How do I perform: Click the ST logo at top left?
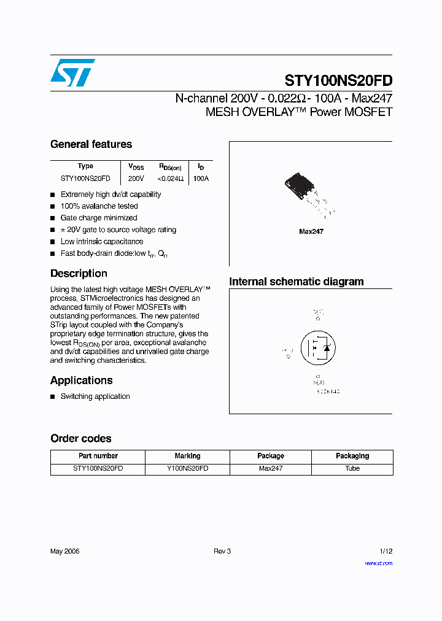pos(72,72)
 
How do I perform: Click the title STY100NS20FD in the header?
pos(338,81)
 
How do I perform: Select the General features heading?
pos(91,144)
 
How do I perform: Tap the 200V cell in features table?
pos(136,179)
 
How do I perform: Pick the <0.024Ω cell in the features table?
pos(170,179)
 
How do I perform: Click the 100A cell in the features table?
pos(201,179)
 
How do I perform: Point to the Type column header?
pos(85,166)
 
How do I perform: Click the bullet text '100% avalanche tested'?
pos(99,206)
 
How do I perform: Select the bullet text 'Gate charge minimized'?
pos(99,218)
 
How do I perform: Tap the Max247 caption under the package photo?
pos(311,231)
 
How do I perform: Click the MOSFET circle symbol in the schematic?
pos(317,348)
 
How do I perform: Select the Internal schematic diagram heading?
pos(297,282)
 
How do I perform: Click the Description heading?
pos(79,274)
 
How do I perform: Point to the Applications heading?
pos(81,380)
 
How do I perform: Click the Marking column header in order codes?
pos(187,456)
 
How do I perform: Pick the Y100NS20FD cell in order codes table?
pos(187,468)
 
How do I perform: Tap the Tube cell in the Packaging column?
pos(352,468)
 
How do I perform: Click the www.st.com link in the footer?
pos(378,563)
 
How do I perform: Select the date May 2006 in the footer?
pos(65,551)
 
